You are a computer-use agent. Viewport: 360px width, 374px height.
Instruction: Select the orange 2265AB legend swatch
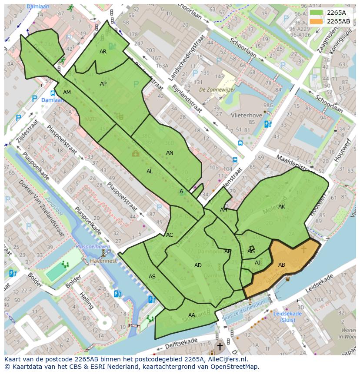click(317, 21)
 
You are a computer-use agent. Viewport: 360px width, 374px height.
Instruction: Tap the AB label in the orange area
click(282, 265)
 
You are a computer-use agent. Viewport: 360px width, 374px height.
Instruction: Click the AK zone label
click(282, 207)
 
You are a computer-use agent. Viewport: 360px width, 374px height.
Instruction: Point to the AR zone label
click(103, 52)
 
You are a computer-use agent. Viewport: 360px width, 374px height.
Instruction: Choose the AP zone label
click(103, 84)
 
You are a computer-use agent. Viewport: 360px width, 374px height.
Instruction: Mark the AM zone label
click(67, 93)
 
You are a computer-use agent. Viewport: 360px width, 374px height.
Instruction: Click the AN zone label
click(170, 153)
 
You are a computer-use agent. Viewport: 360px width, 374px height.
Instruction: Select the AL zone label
click(150, 172)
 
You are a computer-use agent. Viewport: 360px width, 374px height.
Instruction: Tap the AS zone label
click(152, 277)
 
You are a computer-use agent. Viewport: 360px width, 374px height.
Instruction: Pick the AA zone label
click(192, 315)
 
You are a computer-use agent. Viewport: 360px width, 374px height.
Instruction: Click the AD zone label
click(198, 265)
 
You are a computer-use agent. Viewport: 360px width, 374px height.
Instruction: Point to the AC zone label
click(170, 235)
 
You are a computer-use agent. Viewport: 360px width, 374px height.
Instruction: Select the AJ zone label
click(257, 263)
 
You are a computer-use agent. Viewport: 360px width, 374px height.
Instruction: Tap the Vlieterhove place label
click(235, 116)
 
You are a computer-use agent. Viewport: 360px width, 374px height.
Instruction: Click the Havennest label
click(103, 261)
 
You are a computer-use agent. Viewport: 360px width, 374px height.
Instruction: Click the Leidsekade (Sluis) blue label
click(287, 317)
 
